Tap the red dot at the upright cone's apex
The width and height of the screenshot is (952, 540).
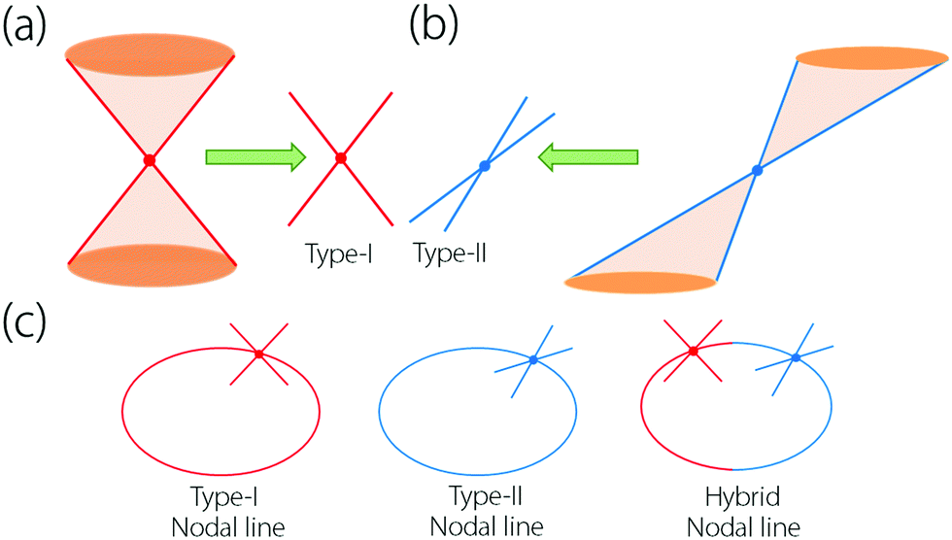pyautogui.click(x=150, y=160)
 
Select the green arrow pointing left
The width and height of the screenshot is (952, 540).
pyautogui.click(x=590, y=158)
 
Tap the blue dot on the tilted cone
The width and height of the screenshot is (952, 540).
pyautogui.click(x=757, y=171)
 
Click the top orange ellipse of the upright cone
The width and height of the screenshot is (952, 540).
pyautogui.click(x=150, y=52)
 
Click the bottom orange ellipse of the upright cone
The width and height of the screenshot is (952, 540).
pyautogui.click(x=151, y=263)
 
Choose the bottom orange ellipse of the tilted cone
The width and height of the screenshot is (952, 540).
pyautogui.click(x=641, y=283)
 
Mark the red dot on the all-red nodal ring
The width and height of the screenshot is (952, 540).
pyautogui.click(x=258, y=354)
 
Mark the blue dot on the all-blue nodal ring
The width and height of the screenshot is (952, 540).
pyautogui.click(x=533, y=360)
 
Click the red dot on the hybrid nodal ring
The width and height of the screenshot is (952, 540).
pyautogui.click(x=693, y=351)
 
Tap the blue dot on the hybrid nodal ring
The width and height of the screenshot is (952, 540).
pyautogui.click(x=796, y=358)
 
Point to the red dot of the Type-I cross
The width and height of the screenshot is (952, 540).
pyautogui.click(x=340, y=158)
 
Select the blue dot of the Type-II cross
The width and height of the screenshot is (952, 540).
pyautogui.click(x=484, y=166)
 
